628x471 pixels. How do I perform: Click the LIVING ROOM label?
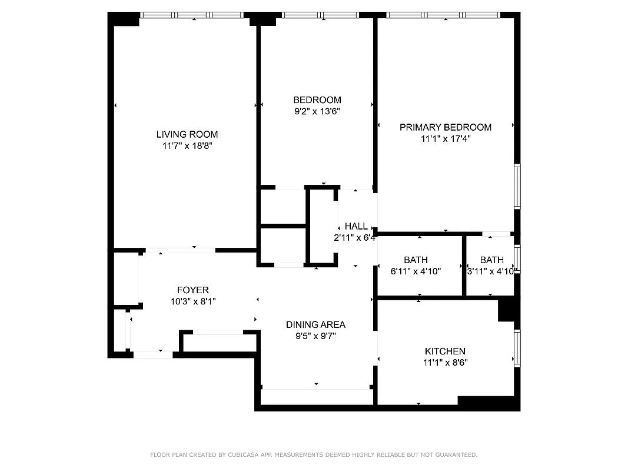(x=187, y=134)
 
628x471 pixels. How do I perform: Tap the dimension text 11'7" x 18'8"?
(x=187, y=146)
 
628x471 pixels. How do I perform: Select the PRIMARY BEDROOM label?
(x=445, y=127)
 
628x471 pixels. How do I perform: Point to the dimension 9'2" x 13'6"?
(x=317, y=111)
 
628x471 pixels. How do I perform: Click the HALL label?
(x=356, y=226)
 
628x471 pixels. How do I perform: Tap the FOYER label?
(x=192, y=290)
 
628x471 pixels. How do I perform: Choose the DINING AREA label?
(x=315, y=324)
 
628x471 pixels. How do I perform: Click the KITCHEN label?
(x=445, y=351)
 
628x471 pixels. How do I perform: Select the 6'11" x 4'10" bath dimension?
(x=416, y=271)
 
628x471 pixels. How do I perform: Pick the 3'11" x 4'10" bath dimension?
(x=491, y=271)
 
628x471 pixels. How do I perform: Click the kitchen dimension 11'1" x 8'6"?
(x=445, y=363)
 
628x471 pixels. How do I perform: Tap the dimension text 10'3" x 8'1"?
(x=192, y=302)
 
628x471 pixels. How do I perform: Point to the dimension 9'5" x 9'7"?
(x=315, y=336)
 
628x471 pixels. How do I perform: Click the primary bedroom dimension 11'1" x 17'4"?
(x=445, y=139)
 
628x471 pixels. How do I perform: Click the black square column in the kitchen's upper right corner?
(x=506, y=310)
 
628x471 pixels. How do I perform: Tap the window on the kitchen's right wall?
(x=517, y=348)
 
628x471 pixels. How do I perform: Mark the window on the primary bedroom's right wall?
(x=517, y=186)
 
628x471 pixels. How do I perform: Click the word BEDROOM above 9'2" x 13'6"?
(x=317, y=100)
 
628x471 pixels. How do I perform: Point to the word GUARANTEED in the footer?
(x=454, y=455)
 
